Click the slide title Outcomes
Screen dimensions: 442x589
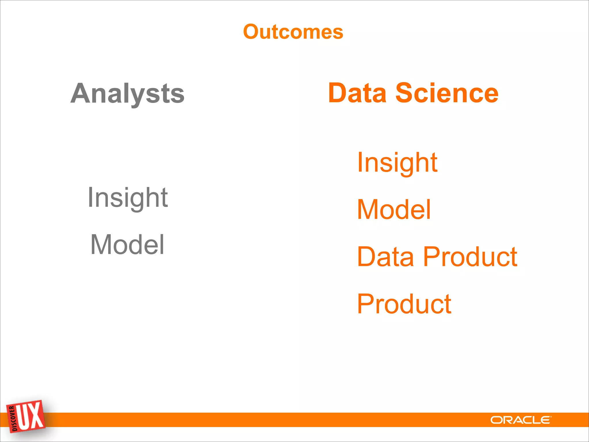click(293, 32)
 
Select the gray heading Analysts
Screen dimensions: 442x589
click(127, 94)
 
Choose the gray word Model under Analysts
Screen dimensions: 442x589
click(127, 245)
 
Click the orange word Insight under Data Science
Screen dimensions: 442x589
click(397, 163)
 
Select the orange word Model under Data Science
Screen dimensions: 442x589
click(394, 209)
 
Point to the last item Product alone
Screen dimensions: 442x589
click(404, 304)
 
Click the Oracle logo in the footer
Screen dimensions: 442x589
click(521, 420)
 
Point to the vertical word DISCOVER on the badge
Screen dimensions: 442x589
click(12, 419)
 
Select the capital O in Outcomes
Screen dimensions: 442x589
click(252, 32)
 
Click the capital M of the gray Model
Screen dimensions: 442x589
click(102, 245)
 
